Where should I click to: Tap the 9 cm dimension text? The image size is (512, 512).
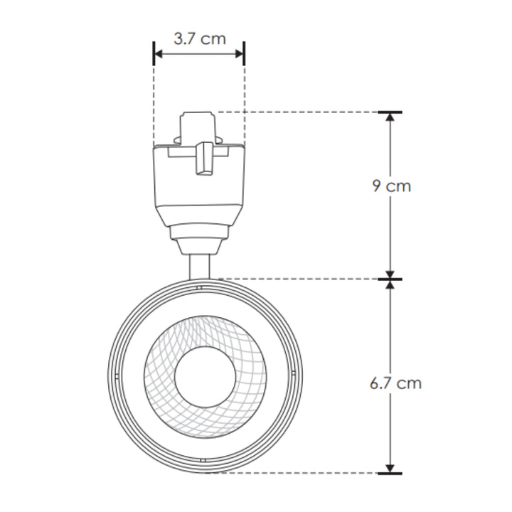pos(391,187)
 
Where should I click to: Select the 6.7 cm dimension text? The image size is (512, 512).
pos(395,383)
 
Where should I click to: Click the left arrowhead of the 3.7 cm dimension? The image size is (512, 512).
pos(159,54)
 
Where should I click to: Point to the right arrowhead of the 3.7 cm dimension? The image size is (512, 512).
pos(240,54)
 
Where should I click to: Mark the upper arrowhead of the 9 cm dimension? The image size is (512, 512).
pos(390,118)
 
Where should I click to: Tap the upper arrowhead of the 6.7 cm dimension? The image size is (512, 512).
pos(390,285)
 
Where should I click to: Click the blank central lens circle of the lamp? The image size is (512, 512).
pos(201,375)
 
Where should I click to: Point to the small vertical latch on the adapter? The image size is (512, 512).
pos(205,158)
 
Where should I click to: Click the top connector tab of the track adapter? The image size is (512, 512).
pos(199,125)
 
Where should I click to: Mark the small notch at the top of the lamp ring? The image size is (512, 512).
pos(200,288)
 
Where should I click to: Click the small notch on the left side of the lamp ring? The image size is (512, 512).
pos(113,375)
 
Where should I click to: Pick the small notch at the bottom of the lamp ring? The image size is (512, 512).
pos(201,463)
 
